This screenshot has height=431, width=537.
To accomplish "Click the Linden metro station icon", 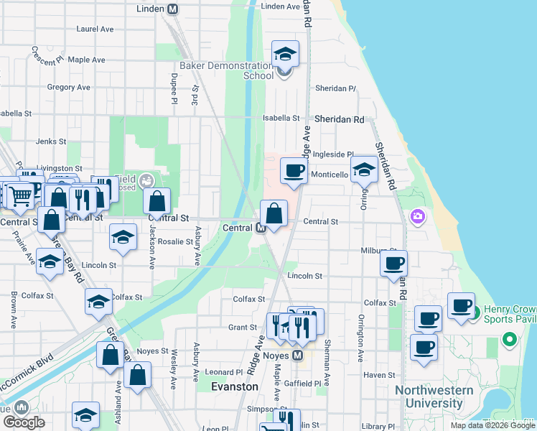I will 172,9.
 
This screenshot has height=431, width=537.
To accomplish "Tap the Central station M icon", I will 262,228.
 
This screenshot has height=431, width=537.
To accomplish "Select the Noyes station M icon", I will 297,356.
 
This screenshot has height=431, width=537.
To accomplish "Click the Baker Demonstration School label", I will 227,70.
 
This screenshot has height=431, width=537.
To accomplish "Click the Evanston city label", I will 235,386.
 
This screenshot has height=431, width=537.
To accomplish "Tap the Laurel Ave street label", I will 95,29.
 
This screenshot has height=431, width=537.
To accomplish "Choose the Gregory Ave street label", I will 68,88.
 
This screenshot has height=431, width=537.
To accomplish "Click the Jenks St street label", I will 51,142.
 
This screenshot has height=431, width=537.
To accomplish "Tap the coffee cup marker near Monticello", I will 293,171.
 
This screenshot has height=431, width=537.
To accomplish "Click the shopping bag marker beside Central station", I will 274,213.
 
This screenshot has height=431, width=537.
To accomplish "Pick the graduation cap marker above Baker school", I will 284,54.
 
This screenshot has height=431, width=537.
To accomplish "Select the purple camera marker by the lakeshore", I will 418,215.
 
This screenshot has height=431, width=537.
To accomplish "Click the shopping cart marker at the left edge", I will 20,194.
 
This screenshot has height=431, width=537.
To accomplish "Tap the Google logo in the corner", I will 24,422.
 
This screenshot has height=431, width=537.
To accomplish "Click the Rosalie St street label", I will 176,242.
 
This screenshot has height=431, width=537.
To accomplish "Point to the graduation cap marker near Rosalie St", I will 123,237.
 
